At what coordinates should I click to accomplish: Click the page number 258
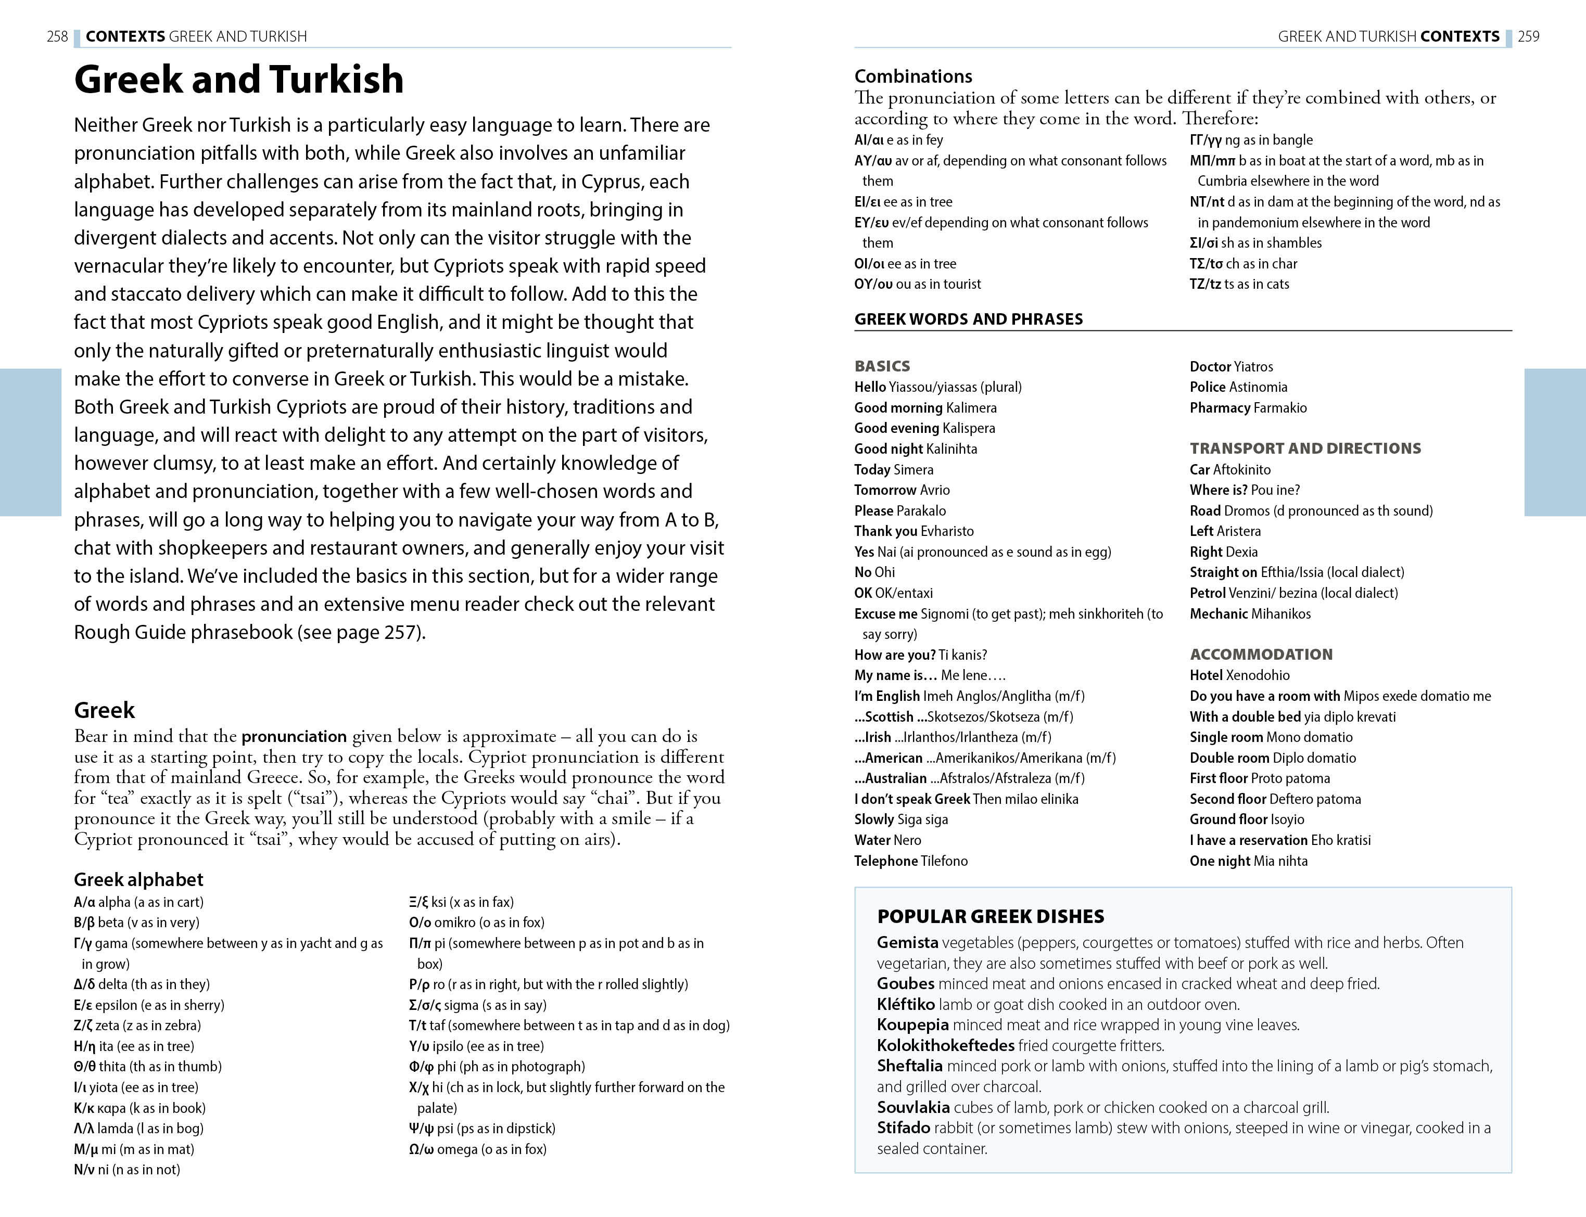[x=57, y=36]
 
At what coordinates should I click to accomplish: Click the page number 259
[x=1529, y=36]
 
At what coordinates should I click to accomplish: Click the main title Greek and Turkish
[x=238, y=79]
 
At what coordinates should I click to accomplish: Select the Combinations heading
[x=913, y=76]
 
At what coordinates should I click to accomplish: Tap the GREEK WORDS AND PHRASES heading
[x=968, y=319]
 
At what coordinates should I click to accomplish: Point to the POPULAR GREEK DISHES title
[x=991, y=916]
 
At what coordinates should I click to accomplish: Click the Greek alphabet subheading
[x=138, y=879]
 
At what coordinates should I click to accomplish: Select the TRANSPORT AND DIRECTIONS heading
[x=1305, y=449]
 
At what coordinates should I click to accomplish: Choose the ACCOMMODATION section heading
[x=1261, y=654]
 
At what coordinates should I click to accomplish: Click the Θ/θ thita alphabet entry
[x=148, y=1066]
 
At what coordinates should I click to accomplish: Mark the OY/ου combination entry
[x=917, y=284]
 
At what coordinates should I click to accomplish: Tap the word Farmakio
[x=1279, y=408]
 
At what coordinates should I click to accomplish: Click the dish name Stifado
[x=904, y=1128]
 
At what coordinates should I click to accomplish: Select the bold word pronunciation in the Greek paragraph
[x=294, y=737]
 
